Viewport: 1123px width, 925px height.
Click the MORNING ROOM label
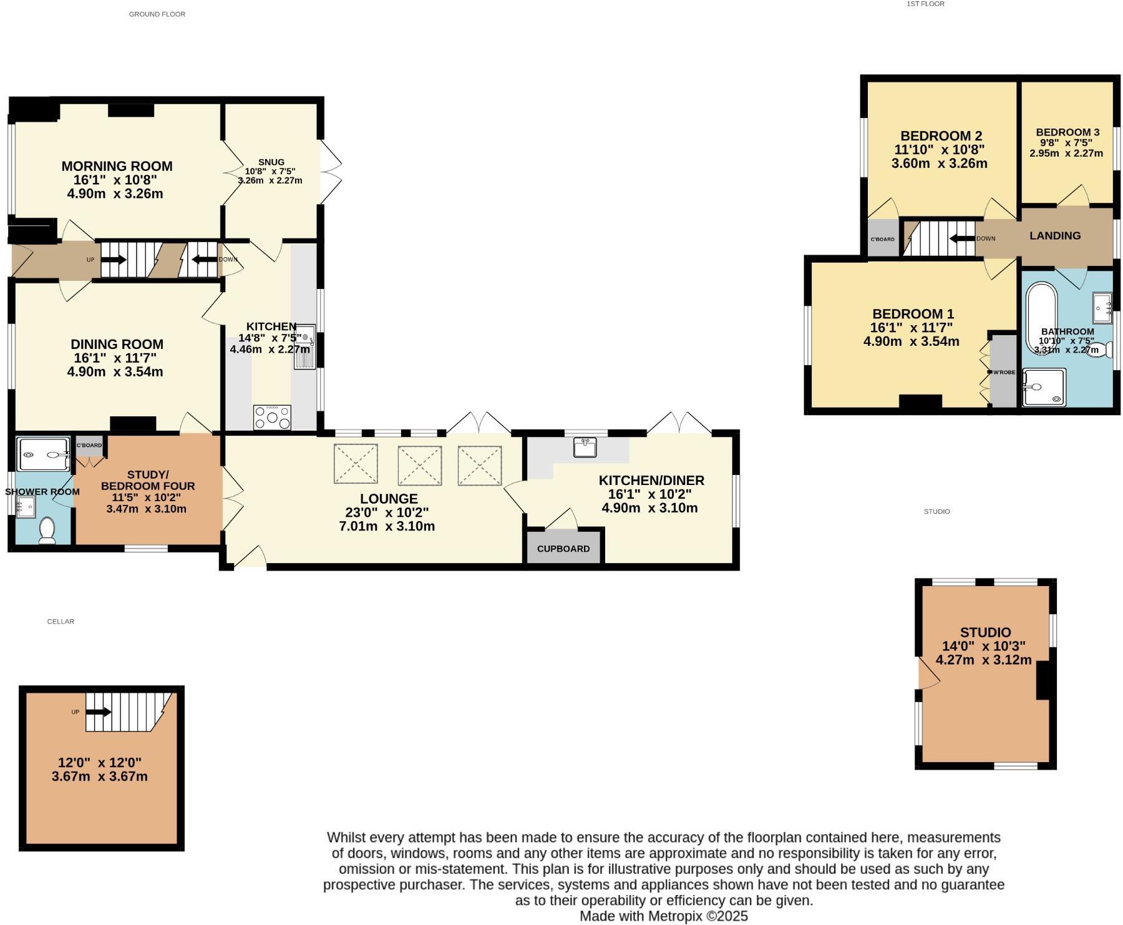tap(117, 166)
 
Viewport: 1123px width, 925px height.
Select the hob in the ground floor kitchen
tap(272, 418)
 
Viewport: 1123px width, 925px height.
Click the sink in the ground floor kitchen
tap(305, 347)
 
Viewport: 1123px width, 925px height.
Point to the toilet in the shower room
tap(47, 530)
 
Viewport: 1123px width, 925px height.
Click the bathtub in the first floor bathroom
tap(1041, 318)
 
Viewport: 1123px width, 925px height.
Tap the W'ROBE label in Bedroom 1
tap(1004, 373)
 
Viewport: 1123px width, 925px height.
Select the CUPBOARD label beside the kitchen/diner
tap(563, 549)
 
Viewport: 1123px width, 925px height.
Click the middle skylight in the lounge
tap(420, 465)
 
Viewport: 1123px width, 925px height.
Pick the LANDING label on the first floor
tap(1055, 235)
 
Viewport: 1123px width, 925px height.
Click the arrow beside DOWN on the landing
tap(962, 238)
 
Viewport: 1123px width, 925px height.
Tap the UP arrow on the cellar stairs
tap(99, 712)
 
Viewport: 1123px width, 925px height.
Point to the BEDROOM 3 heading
tap(1067, 132)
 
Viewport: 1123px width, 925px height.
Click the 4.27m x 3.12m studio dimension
tap(984, 660)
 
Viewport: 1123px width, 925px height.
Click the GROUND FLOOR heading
tap(157, 14)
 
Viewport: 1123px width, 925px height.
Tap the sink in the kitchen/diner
tap(585, 447)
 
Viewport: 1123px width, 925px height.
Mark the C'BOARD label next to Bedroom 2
tap(883, 240)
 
